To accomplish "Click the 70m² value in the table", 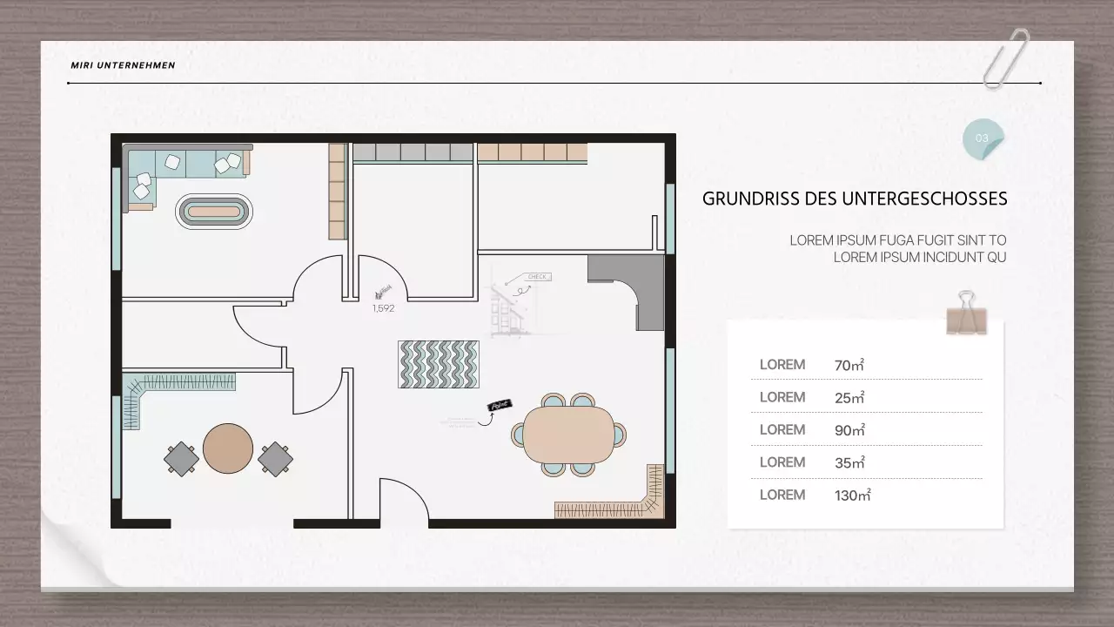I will (x=849, y=365).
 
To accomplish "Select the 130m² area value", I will (x=852, y=496).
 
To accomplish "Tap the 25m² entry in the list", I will (x=849, y=398).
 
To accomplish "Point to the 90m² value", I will (x=849, y=430).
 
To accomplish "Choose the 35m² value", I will (x=849, y=462).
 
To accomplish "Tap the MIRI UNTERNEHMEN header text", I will (x=123, y=65).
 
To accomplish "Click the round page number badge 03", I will (x=983, y=138).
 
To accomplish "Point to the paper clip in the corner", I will (x=1006, y=57).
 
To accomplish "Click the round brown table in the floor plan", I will (x=228, y=448).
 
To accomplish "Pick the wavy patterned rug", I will (x=439, y=364).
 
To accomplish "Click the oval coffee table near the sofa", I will (x=215, y=211).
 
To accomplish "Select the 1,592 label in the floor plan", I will (x=384, y=307).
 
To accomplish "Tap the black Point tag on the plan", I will (x=500, y=406).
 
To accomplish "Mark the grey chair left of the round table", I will (x=181, y=458).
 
